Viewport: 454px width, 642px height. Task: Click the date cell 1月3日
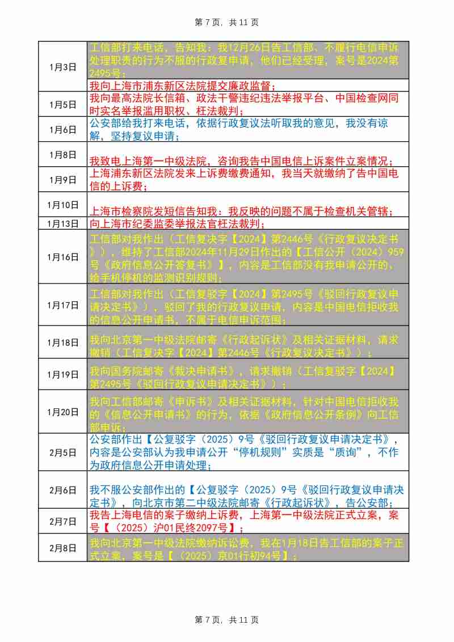(62, 67)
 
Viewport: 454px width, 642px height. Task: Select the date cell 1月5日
(62, 104)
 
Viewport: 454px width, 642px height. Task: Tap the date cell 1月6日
(62, 129)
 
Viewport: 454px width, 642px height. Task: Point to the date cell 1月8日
(62, 154)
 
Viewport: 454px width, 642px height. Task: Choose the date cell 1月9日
(62, 180)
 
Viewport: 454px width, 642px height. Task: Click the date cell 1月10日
(62, 205)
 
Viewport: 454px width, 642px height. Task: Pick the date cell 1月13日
(62, 223)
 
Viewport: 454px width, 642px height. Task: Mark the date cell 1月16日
(62, 257)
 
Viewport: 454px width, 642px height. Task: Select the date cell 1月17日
(62, 305)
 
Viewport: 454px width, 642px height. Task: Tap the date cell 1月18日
(62, 342)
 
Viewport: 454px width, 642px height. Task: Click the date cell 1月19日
(62, 374)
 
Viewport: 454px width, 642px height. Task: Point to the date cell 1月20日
(62, 412)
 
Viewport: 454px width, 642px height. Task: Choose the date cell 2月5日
(62, 452)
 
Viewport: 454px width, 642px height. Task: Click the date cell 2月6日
(62, 489)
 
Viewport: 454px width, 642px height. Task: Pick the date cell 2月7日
(62, 521)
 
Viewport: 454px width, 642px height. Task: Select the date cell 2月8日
(62, 548)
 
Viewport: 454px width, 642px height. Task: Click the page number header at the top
(226, 22)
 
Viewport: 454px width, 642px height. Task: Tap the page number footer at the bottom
(226, 620)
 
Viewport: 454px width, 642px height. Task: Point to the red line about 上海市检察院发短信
(241, 211)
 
